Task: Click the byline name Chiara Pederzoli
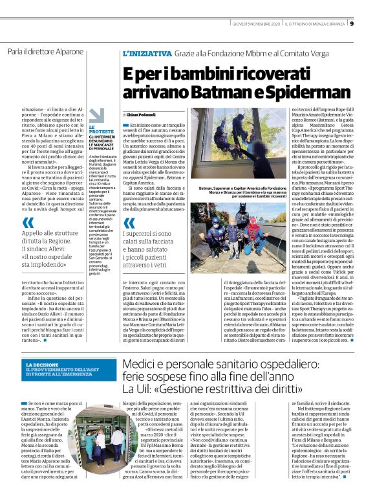point(149,115)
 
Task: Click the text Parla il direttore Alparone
point(45,51)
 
